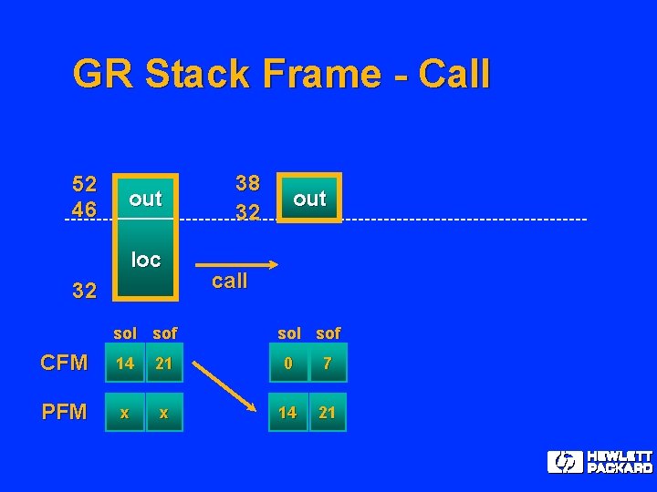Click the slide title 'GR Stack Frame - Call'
tap(281, 74)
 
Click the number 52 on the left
tap(85, 182)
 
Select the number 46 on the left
tap(85, 210)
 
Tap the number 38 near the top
tap(247, 182)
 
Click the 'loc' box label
tap(145, 260)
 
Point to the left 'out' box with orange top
tap(145, 198)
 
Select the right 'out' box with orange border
tap(309, 198)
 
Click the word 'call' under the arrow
tap(229, 281)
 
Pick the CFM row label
tap(64, 364)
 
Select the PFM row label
tap(64, 413)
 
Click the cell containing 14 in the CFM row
tap(125, 364)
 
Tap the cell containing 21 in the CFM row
tap(164, 364)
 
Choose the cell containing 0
tap(287, 364)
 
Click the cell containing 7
tap(328, 364)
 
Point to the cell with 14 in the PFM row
tap(287, 413)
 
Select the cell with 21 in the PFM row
tap(328, 413)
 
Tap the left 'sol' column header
tap(125, 333)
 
